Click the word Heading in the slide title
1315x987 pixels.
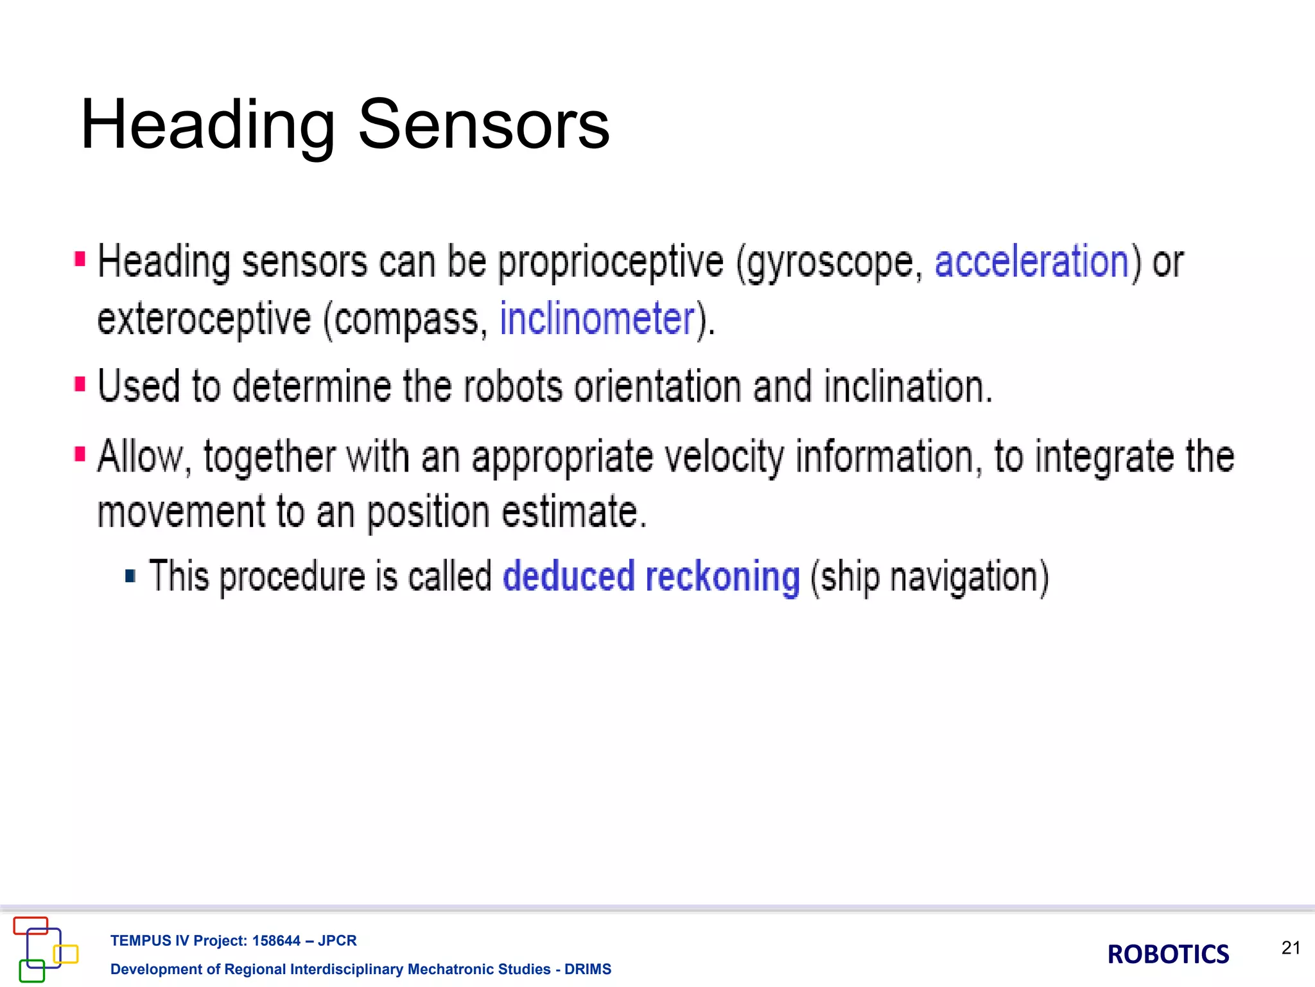click(207, 126)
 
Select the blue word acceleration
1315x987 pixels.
click(1031, 262)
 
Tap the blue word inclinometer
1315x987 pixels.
click(597, 319)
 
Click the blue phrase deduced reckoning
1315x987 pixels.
click(650, 576)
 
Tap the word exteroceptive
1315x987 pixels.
click(204, 320)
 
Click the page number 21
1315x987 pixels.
click(1291, 948)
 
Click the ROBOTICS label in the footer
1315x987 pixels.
click(1168, 954)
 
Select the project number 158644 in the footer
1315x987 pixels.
click(276, 941)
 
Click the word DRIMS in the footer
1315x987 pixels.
click(588, 969)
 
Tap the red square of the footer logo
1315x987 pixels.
click(31, 925)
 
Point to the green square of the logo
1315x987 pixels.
click(32, 971)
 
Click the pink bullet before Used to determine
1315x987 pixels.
click(80, 384)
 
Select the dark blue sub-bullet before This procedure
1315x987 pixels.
click(130, 575)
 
